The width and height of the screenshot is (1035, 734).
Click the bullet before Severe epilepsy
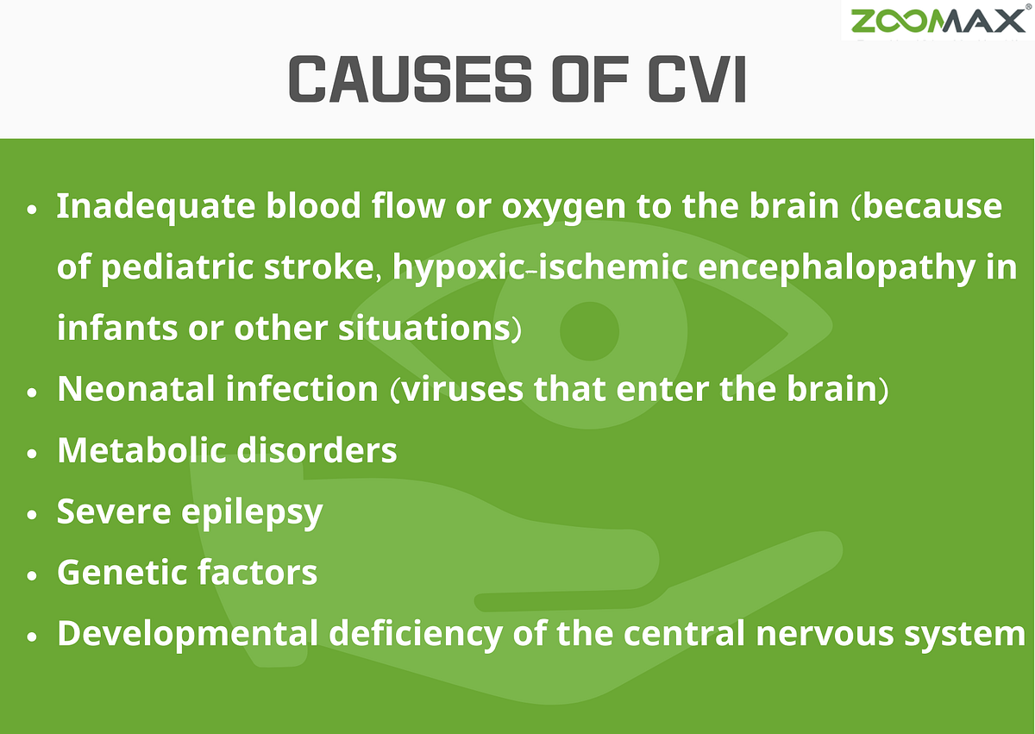tap(33, 513)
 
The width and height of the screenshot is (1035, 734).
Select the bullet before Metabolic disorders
tap(33, 452)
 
